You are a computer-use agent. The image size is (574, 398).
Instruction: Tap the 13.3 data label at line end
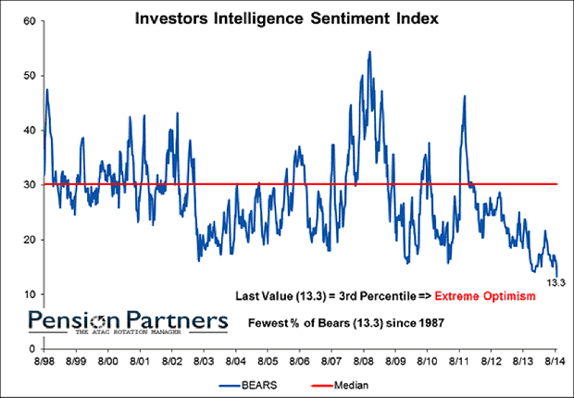coord(554,284)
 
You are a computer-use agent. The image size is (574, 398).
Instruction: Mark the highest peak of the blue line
coord(369,52)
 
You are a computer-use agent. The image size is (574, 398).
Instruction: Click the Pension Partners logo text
coord(126,319)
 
